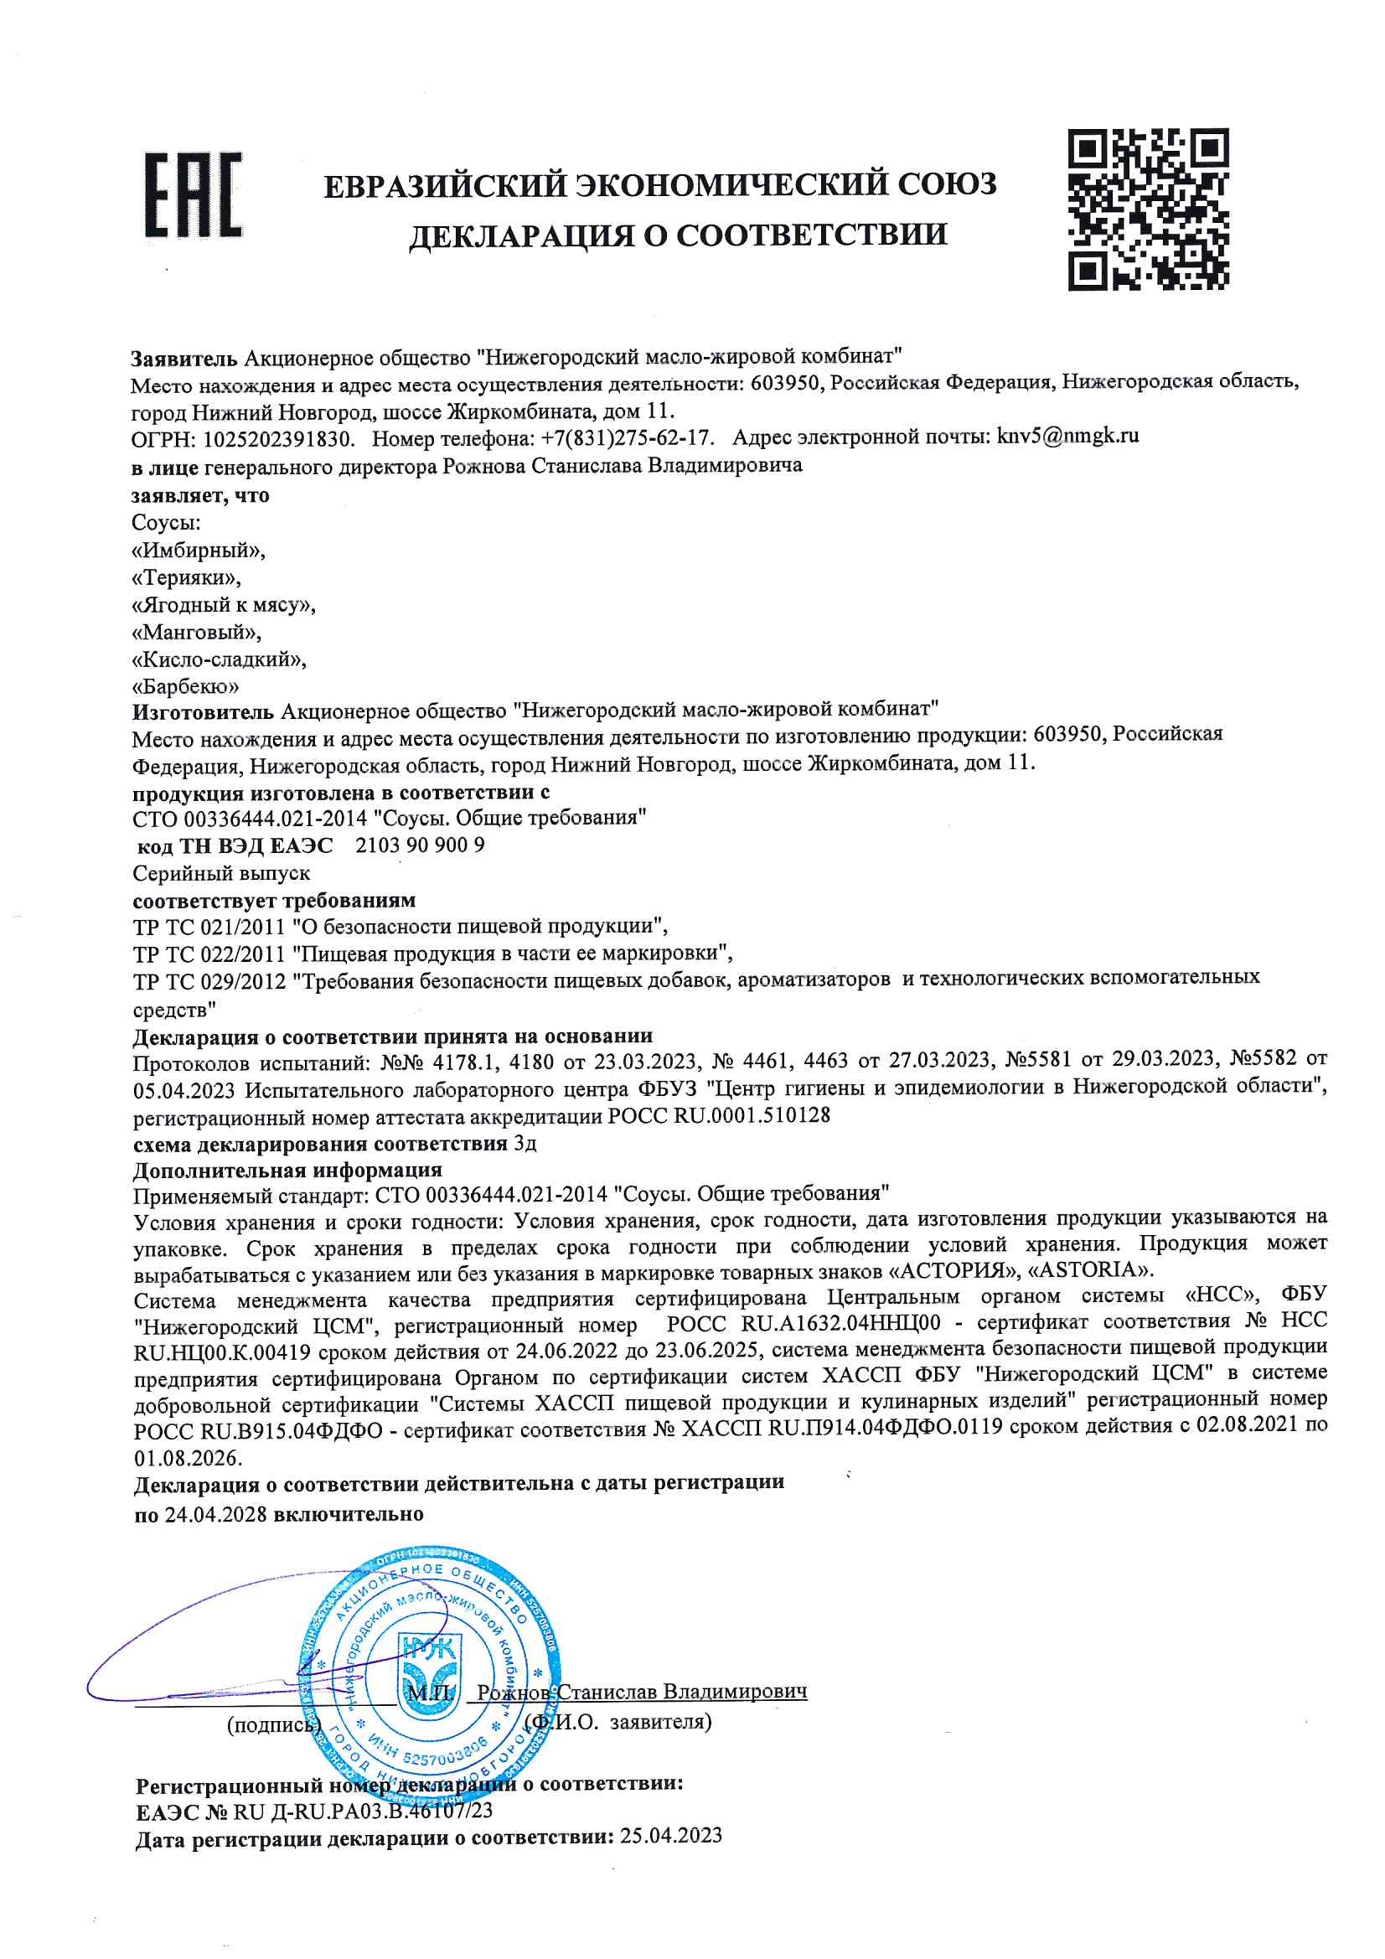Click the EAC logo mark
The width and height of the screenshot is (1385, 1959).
point(193,194)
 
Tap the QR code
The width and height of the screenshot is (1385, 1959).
point(1148,209)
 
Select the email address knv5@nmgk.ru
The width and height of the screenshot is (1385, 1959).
point(1067,437)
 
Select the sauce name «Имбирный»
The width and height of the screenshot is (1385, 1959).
point(199,550)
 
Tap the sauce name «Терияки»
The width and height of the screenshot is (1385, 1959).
point(187,577)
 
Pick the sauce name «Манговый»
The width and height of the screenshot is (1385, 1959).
point(197,633)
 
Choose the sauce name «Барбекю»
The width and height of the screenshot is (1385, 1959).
point(186,686)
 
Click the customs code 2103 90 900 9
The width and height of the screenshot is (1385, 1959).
point(420,845)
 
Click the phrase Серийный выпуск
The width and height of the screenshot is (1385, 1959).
point(222,874)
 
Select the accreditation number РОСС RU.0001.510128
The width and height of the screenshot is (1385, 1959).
point(719,1115)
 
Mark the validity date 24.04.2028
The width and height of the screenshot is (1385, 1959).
point(216,1513)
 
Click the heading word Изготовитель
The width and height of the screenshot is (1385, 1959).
point(203,711)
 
